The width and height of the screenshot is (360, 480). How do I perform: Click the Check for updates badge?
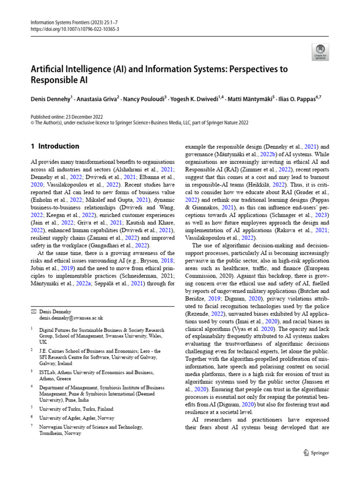tap(321, 52)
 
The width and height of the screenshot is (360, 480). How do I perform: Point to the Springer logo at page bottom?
tap(316, 452)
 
